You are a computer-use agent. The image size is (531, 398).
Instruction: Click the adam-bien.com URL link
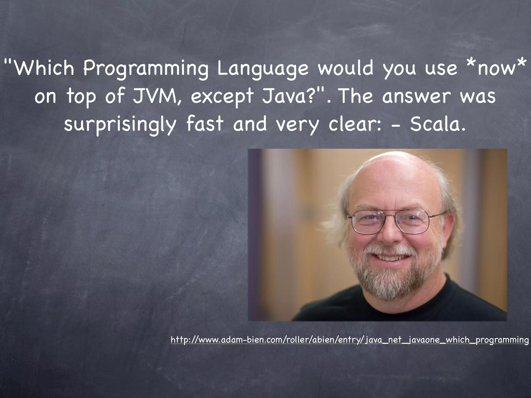[350, 339]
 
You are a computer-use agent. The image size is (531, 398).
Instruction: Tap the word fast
[205, 124]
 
